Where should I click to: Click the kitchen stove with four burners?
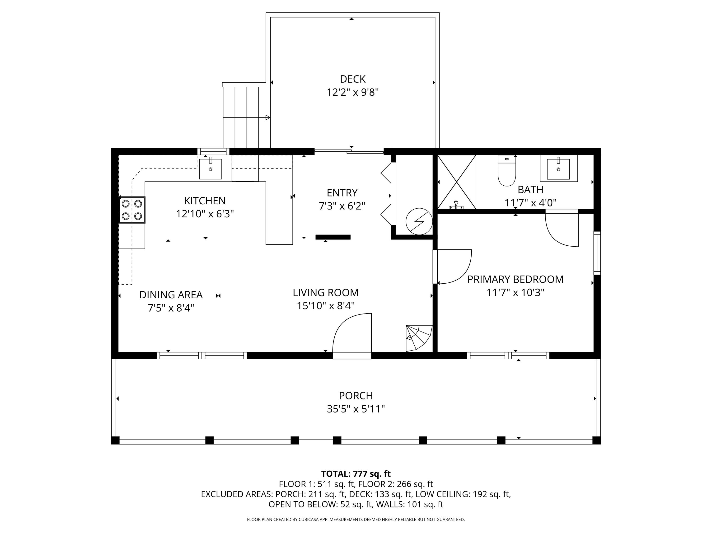[x=132, y=210]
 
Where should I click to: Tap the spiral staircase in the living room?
[x=419, y=338]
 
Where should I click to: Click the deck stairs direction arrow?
[x=247, y=117]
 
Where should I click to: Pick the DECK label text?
[x=353, y=79]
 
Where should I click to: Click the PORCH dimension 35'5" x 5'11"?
[x=356, y=409]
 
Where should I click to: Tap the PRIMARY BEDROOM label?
[x=515, y=279]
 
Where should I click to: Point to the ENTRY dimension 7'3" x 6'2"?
[x=342, y=206]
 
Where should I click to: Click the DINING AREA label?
[x=171, y=295]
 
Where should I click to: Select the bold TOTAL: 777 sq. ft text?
[x=356, y=473]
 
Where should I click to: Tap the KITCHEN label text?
[x=205, y=201]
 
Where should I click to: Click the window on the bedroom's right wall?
[x=597, y=253]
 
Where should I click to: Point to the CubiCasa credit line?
[x=356, y=519]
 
